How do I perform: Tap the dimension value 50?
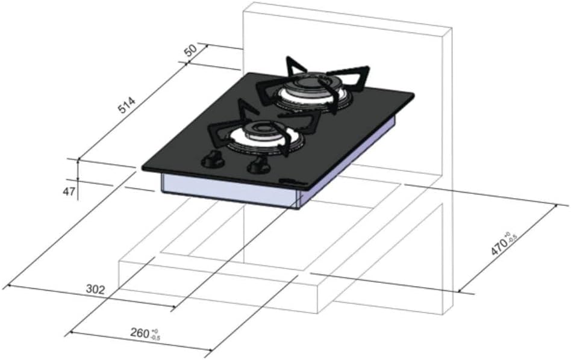click(x=191, y=51)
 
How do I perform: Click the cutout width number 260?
click(x=140, y=332)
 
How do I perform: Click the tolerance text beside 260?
click(x=156, y=335)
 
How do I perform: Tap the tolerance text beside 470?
click(x=511, y=237)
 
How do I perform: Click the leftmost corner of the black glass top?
click(x=143, y=168)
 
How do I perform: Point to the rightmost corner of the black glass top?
click(x=413, y=95)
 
